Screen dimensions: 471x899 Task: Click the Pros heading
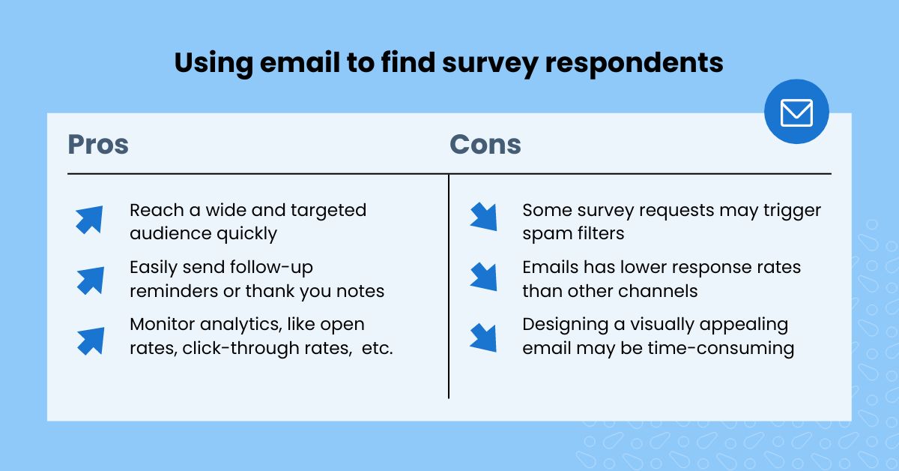click(98, 144)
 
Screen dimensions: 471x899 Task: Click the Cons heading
click(485, 144)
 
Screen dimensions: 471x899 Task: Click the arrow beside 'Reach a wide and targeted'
click(89, 220)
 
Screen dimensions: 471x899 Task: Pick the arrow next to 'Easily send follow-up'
click(89, 279)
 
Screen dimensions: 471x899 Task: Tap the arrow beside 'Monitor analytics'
click(89, 339)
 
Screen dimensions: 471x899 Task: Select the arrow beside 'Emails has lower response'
click(483, 276)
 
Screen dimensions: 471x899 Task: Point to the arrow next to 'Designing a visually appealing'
click(483, 337)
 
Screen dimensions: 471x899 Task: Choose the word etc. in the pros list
click(376, 349)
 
